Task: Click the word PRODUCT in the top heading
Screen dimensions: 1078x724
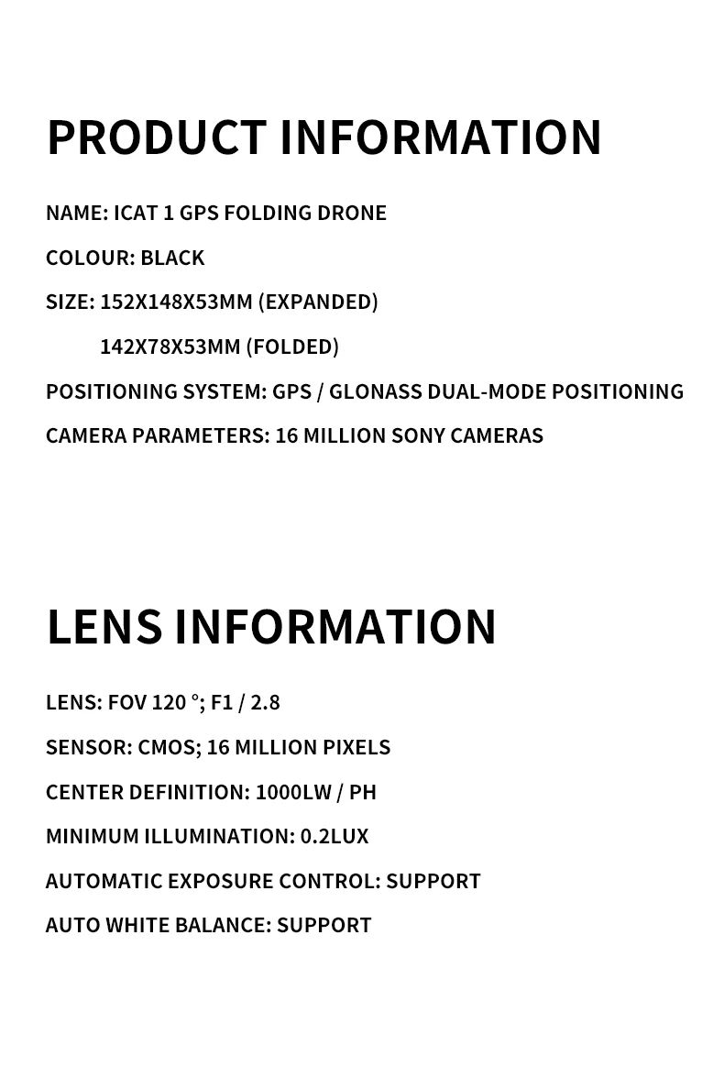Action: (156, 137)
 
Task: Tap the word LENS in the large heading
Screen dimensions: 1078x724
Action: (104, 627)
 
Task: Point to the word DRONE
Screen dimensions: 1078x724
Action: (352, 213)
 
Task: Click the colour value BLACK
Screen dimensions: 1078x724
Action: (172, 258)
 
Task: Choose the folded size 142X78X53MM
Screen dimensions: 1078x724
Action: (170, 346)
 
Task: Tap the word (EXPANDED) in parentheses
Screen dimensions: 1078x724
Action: (318, 302)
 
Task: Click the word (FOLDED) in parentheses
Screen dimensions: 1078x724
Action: (292, 346)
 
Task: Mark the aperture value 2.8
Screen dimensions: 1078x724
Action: (265, 703)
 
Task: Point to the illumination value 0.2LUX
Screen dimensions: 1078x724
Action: (335, 837)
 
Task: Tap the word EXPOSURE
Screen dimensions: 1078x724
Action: (221, 882)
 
